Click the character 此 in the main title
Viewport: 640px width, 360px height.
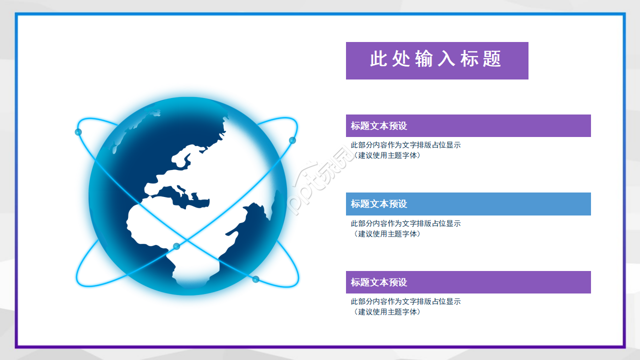(379, 59)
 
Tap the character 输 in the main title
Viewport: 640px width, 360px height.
(424, 59)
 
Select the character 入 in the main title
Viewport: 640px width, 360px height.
(447, 59)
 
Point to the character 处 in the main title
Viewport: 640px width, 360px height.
(401, 59)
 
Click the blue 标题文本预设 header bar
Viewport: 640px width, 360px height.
(468, 204)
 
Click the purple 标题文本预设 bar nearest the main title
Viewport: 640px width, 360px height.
(468, 125)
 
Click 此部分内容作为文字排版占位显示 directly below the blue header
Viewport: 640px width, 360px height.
(405, 223)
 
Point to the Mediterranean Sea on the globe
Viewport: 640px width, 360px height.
(192, 197)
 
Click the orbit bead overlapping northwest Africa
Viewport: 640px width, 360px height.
(176, 246)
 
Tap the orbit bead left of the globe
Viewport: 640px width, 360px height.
(78, 132)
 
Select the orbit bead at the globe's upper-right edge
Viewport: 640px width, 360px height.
(292, 140)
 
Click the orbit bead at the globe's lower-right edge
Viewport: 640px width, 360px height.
(255, 279)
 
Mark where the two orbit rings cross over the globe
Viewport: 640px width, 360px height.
(187, 239)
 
